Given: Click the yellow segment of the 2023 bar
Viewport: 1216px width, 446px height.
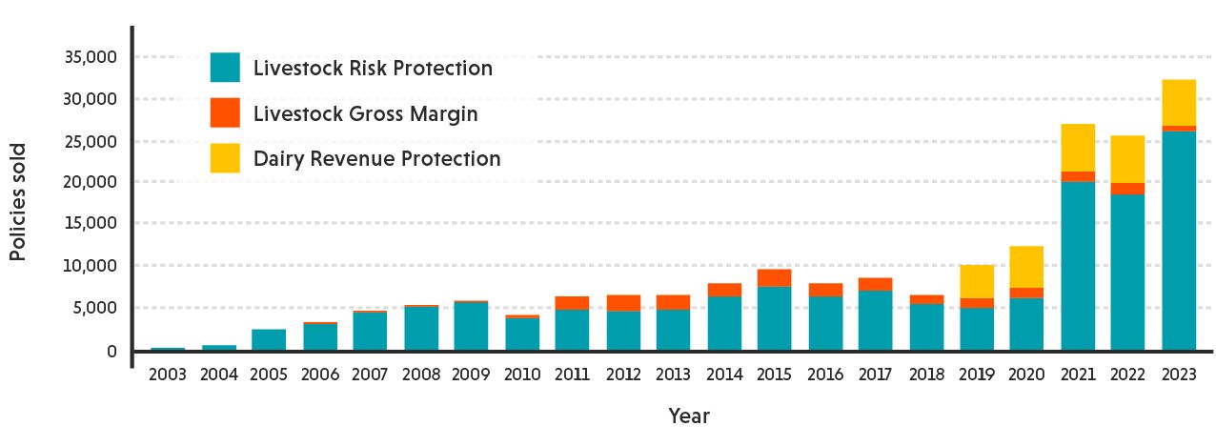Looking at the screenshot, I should click(x=1178, y=102).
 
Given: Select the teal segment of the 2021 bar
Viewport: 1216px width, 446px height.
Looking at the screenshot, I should click(x=1078, y=266).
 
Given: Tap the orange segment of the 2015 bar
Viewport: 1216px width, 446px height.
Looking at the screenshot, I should click(x=774, y=277).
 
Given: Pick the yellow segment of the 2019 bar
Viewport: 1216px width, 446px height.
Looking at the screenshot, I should click(x=977, y=281).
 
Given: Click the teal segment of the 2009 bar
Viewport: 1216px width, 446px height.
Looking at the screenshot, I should click(x=471, y=326).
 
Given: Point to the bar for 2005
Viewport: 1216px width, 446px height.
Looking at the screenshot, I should click(x=269, y=339).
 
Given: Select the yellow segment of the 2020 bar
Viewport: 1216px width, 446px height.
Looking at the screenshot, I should click(x=1027, y=267).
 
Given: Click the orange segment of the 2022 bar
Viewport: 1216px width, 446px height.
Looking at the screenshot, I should click(x=1127, y=189).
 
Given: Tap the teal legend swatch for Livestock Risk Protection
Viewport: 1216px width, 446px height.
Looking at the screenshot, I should click(x=225, y=68).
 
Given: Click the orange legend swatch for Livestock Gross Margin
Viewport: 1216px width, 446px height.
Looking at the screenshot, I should click(x=225, y=113).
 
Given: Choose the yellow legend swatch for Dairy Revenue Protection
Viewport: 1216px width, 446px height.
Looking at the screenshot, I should click(x=225, y=158).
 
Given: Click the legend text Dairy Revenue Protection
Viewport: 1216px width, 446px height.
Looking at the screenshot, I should click(x=376, y=159).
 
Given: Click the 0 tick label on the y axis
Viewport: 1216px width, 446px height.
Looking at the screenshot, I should click(x=111, y=351).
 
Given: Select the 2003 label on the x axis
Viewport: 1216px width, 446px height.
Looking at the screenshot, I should click(x=168, y=375).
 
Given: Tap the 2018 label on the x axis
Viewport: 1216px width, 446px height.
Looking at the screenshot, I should click(x=925, y=375).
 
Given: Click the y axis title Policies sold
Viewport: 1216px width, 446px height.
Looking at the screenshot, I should click(x=18, y=201).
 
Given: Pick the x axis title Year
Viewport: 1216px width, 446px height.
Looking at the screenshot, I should click(x=688, y=416).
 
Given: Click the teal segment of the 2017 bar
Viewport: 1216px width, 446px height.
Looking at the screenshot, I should click(x=875, y=320).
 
